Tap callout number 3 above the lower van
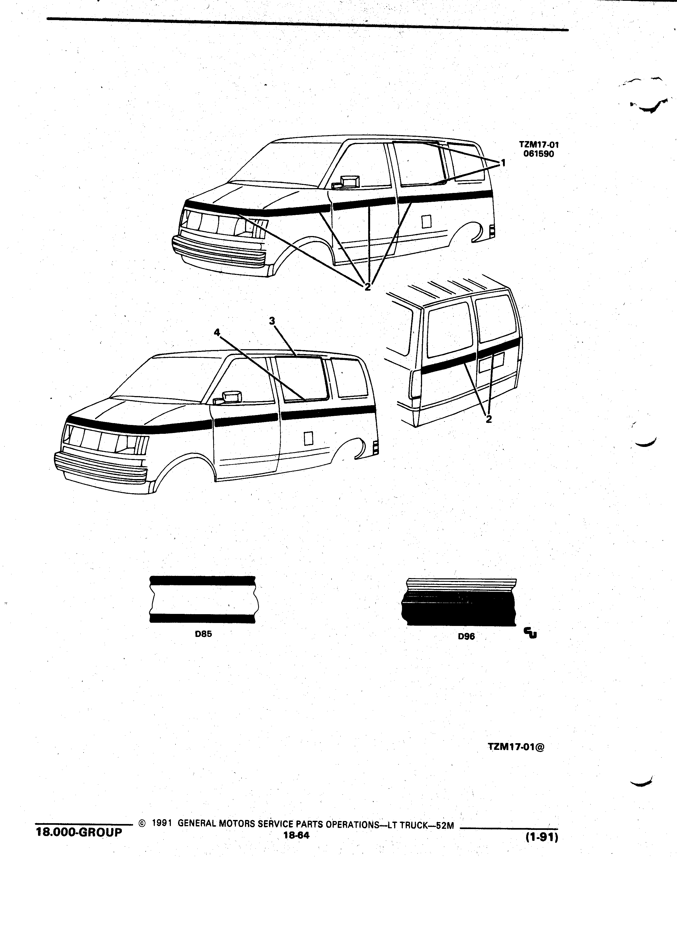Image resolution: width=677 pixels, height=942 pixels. pyautogui.click(x=272, y=321)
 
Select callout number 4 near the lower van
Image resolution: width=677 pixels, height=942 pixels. pyautogui.click(x=217, y=332)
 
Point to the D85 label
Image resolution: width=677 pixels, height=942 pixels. pyautogui.click(x=204, y=634)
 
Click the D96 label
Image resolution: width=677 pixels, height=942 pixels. pyautogui.click(x=466, y=636)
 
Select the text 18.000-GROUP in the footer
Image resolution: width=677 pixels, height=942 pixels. pyautogui.click(x=79, y=832)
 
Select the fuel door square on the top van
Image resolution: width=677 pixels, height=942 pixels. pyautogui.click(x=426, y=221)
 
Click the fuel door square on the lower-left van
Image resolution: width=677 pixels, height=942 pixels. pyautogui.click(x=308, y=438)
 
